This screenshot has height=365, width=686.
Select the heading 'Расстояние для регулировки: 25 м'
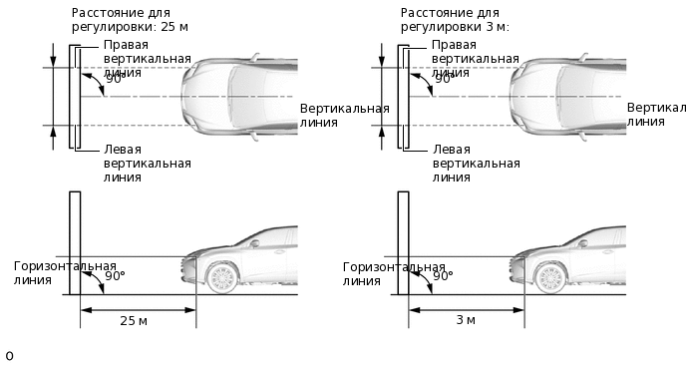click(x=137, y=19)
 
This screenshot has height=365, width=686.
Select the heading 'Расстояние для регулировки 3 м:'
click(x=455, y=19)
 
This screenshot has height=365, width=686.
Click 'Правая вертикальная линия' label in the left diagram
click(x=147, y=59)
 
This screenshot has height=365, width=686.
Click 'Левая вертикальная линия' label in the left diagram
click(x=147, y=163)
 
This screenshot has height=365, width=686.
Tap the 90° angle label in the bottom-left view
click(x=115, y=276)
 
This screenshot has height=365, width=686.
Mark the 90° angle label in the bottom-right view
click(x=444, y=276)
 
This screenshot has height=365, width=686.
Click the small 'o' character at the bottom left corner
click(x=9, y=355)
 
